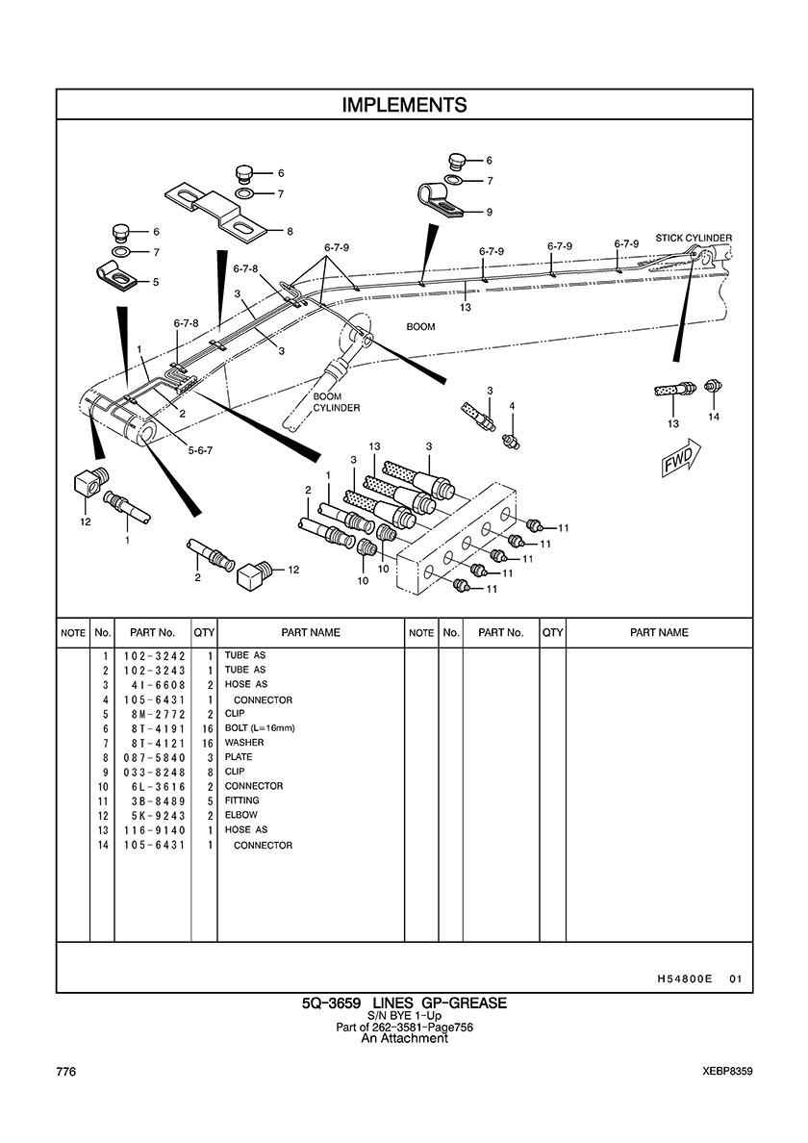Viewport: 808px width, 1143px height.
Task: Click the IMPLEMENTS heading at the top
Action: [404, 105]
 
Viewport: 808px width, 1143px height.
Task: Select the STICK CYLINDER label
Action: [694, 238]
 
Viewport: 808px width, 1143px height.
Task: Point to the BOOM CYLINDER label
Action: [336, 402]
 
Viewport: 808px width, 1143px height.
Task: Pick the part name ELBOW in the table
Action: [241, 815]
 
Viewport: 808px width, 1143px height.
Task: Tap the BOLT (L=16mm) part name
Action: [260, 728]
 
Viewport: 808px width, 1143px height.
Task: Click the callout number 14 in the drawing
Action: [713, 417]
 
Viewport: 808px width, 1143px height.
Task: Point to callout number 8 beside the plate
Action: [290, 231]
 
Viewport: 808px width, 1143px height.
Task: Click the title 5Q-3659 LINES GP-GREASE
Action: [404, 1003]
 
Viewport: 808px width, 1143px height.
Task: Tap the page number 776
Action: [66, 1072]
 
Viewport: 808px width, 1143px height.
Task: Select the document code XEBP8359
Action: [727, 1072]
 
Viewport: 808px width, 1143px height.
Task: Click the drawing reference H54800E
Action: [684, 979]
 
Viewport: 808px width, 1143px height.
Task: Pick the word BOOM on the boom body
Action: [420, 327]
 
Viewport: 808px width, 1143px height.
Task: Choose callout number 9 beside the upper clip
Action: [489, 212]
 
